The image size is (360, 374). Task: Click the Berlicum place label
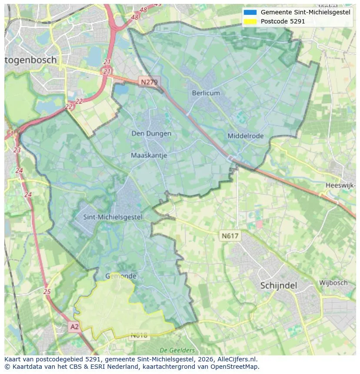coord(206,93)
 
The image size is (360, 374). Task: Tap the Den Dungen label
coord(151,134)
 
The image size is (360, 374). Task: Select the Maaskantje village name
coord(149,155)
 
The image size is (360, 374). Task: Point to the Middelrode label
coord(245,136)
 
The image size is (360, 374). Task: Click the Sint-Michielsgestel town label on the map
coord(112,217)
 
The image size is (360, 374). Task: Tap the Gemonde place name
coord(121,276)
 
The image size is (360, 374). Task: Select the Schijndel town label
coord(278,286)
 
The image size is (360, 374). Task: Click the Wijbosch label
coord(333,283)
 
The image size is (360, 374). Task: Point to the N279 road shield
coord(150,82)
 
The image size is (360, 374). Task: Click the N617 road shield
coord(230,236)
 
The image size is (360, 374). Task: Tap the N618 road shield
coord(139,335)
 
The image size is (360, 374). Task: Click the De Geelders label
coord(177,350)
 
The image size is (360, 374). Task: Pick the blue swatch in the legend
coord(250,13)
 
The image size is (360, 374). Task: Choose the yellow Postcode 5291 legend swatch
coord(250,21)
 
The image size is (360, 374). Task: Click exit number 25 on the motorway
coord(47,292)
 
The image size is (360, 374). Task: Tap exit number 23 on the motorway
coord(17,150)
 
